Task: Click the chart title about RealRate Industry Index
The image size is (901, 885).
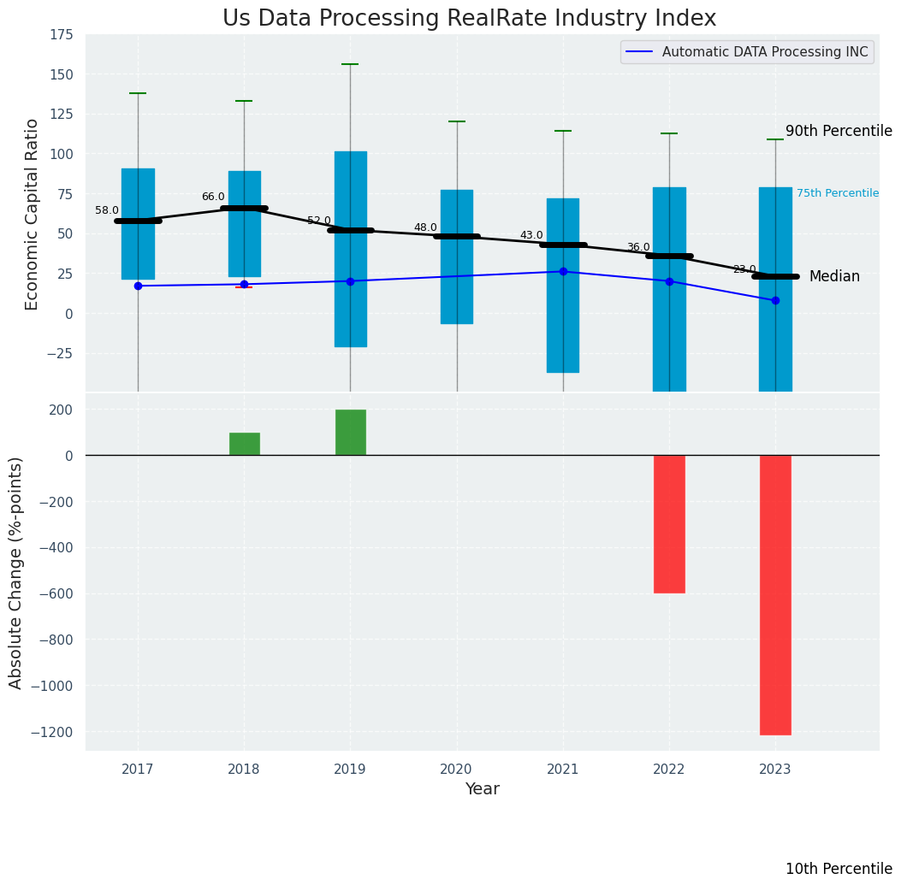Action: (469, 19)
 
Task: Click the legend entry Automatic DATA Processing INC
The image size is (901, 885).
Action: (764, 52)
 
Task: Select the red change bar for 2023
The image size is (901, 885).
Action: (775, 594)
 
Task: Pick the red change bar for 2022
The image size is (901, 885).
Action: (669, 523)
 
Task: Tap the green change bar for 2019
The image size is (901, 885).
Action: (350, 433)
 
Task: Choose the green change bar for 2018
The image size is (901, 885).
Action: (244, 444)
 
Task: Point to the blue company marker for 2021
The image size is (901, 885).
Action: (563, 271)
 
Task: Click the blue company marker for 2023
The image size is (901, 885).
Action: (775, 300)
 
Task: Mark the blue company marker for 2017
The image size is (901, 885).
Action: (138, 286)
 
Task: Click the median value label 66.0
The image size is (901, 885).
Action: (213, 197)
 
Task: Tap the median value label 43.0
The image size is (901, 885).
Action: (531, 235)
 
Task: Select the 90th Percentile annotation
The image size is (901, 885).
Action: (839, 131)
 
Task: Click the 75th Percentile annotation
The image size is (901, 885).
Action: (837, 193)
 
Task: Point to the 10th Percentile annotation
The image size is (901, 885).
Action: (839, 869)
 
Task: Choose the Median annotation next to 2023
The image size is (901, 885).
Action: (834, 276)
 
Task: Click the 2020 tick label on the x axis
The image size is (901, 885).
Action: (456, 770)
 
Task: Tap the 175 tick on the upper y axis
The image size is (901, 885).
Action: (61, 35)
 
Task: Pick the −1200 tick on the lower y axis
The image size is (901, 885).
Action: (54, 732)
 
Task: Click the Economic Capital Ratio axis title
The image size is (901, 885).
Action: (33, 214)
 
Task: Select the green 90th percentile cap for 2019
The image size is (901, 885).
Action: (350, 64)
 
